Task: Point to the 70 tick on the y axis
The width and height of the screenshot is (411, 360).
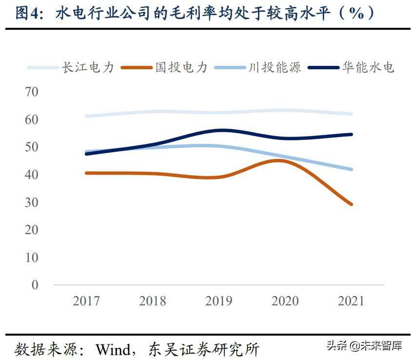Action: [x=31, y=92]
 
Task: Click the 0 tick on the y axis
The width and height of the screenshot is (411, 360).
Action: [x=35, y=285]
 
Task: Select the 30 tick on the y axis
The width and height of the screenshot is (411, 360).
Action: [x=31, y=202]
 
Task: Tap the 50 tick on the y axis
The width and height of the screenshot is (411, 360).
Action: [x=31, y=147]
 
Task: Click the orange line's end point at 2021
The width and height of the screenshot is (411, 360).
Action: [x=352, y=204]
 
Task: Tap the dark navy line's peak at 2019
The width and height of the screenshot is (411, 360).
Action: [x=221, y=130]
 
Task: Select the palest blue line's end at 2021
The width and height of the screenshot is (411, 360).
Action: [x=352, y=114]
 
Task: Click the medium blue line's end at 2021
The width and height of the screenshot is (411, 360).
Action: [x=352, y=169]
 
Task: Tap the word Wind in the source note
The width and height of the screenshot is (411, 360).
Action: [x=114, y=349]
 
